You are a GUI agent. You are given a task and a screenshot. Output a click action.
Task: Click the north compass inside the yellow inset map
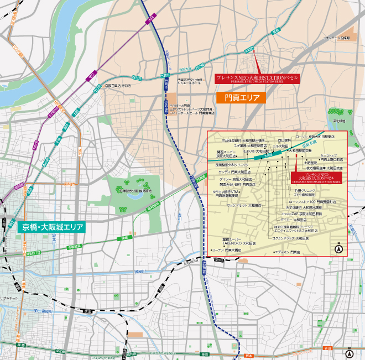[x=338, y=249]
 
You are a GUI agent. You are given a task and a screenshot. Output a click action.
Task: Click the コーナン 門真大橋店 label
[x=227, y=250]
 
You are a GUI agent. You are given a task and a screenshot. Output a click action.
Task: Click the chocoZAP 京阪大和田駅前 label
[x=301, y=213]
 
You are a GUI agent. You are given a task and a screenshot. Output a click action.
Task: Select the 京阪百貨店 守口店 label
[x=118, y=86]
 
